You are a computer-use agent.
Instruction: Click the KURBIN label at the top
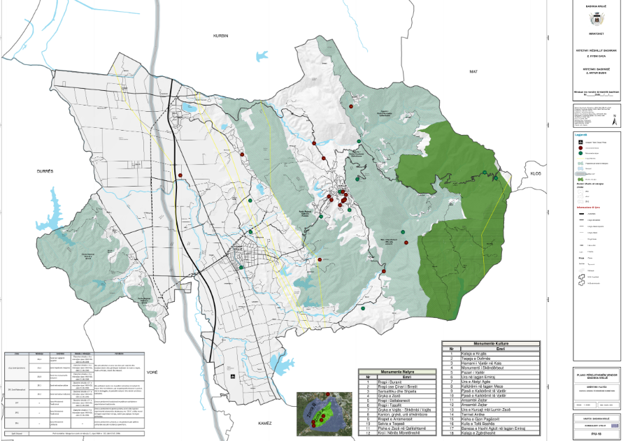point(221,34)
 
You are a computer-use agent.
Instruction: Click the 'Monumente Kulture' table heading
point(492,344)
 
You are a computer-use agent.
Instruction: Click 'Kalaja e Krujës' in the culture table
point(475,354)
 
